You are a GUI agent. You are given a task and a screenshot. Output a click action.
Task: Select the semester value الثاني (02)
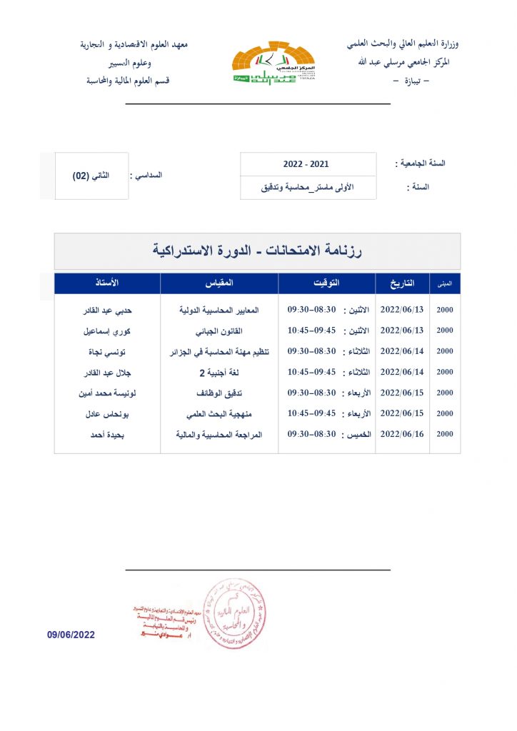(x=91, y=176)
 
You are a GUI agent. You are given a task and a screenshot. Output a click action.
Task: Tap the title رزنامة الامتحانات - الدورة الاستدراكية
(x=257, y=251)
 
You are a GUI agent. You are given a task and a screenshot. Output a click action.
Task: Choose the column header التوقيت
(x=327, y=283)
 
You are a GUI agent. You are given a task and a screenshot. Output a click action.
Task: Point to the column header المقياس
(x=219, y=283)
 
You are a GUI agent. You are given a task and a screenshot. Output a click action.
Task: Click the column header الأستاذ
(x=107, y=283)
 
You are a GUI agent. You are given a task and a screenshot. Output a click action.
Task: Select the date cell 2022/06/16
(x=402, y=433)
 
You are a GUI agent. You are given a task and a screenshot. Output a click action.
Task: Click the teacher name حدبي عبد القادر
(x=109, y=311)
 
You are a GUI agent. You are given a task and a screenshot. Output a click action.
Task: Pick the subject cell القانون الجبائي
(x=219, y=331)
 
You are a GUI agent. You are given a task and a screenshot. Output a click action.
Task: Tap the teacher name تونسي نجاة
(x=109, y=352)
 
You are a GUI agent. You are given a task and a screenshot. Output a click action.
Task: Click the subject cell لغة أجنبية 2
(x=219, y=372)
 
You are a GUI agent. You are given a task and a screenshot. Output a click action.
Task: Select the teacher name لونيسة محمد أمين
(x=109, y=393)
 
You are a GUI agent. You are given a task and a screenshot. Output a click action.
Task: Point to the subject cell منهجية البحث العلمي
(x=219, y=413)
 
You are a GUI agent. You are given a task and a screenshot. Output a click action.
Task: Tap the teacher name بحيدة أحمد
(x=109, y=433)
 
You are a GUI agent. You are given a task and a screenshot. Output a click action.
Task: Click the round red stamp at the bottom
(x=235, y=613)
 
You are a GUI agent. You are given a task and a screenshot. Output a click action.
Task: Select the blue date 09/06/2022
(x=71, y=635)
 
